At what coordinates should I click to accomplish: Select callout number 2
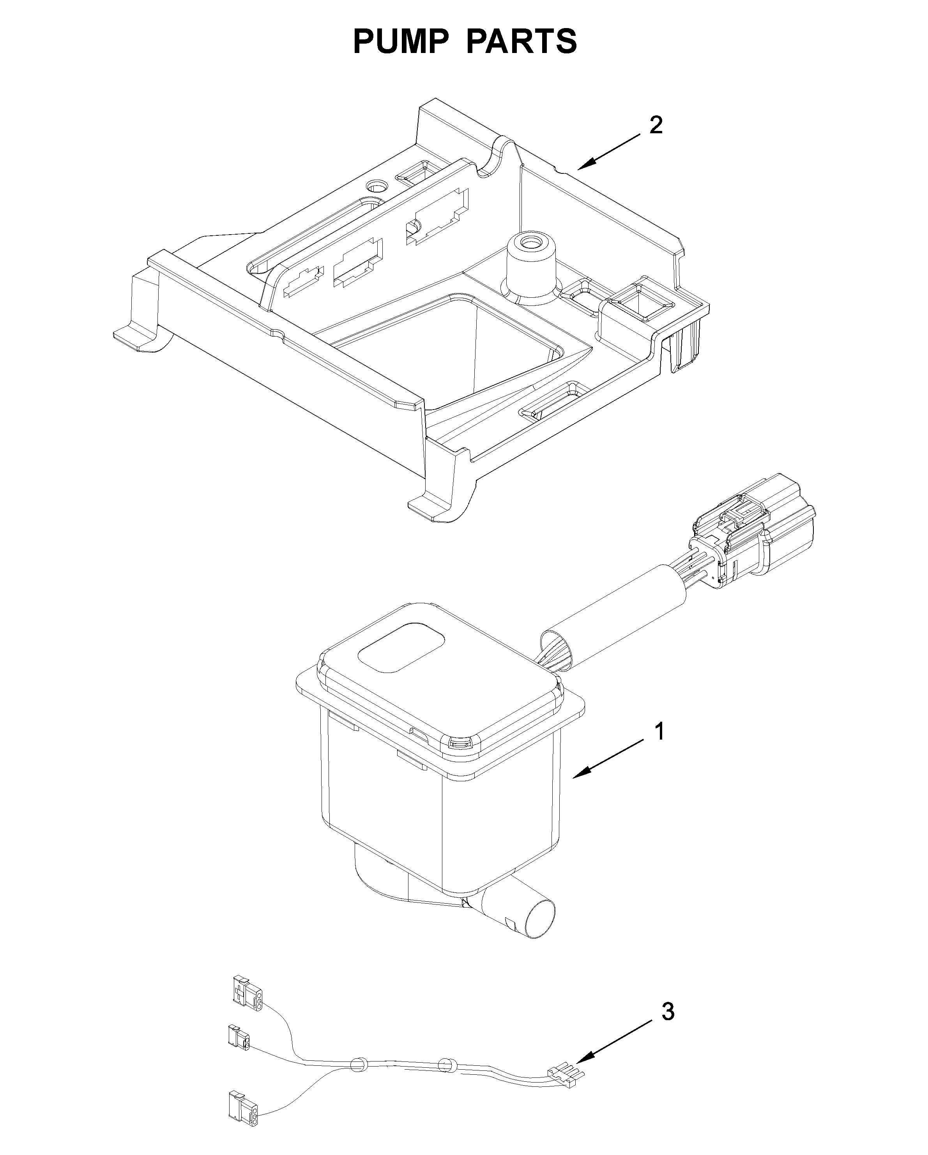pyautogui.click(x=656, y=125)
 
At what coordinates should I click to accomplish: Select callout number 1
pyautogui.click(x=661, y=732)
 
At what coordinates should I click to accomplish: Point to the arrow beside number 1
pyautogui.click(x=607, y=758)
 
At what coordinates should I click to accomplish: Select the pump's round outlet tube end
pyautogui.click(x=539, y=919)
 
